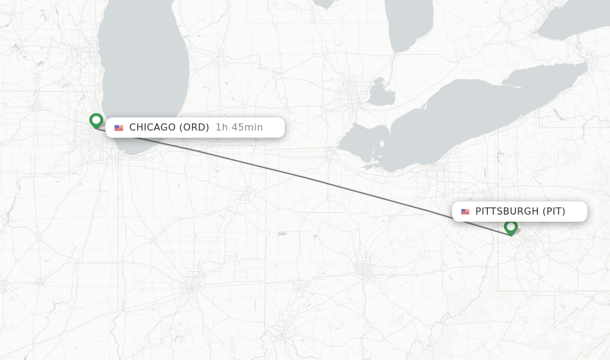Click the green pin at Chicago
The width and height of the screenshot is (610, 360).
point(96,120)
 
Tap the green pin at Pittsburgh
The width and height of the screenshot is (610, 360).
point(511,227)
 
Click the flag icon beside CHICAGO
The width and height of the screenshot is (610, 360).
point(119,128)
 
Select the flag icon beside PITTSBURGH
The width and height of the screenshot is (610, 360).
point(465,212)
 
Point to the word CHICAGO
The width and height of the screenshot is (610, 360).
point(152,127)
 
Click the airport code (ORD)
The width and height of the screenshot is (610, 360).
point(194,127)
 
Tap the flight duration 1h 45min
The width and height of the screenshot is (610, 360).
point(239,127)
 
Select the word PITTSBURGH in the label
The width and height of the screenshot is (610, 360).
point(507,211)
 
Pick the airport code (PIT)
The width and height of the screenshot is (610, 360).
point(553,211)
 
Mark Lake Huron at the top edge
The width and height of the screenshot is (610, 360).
point(408,24)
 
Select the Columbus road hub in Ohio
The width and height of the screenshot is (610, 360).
point(364,269)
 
